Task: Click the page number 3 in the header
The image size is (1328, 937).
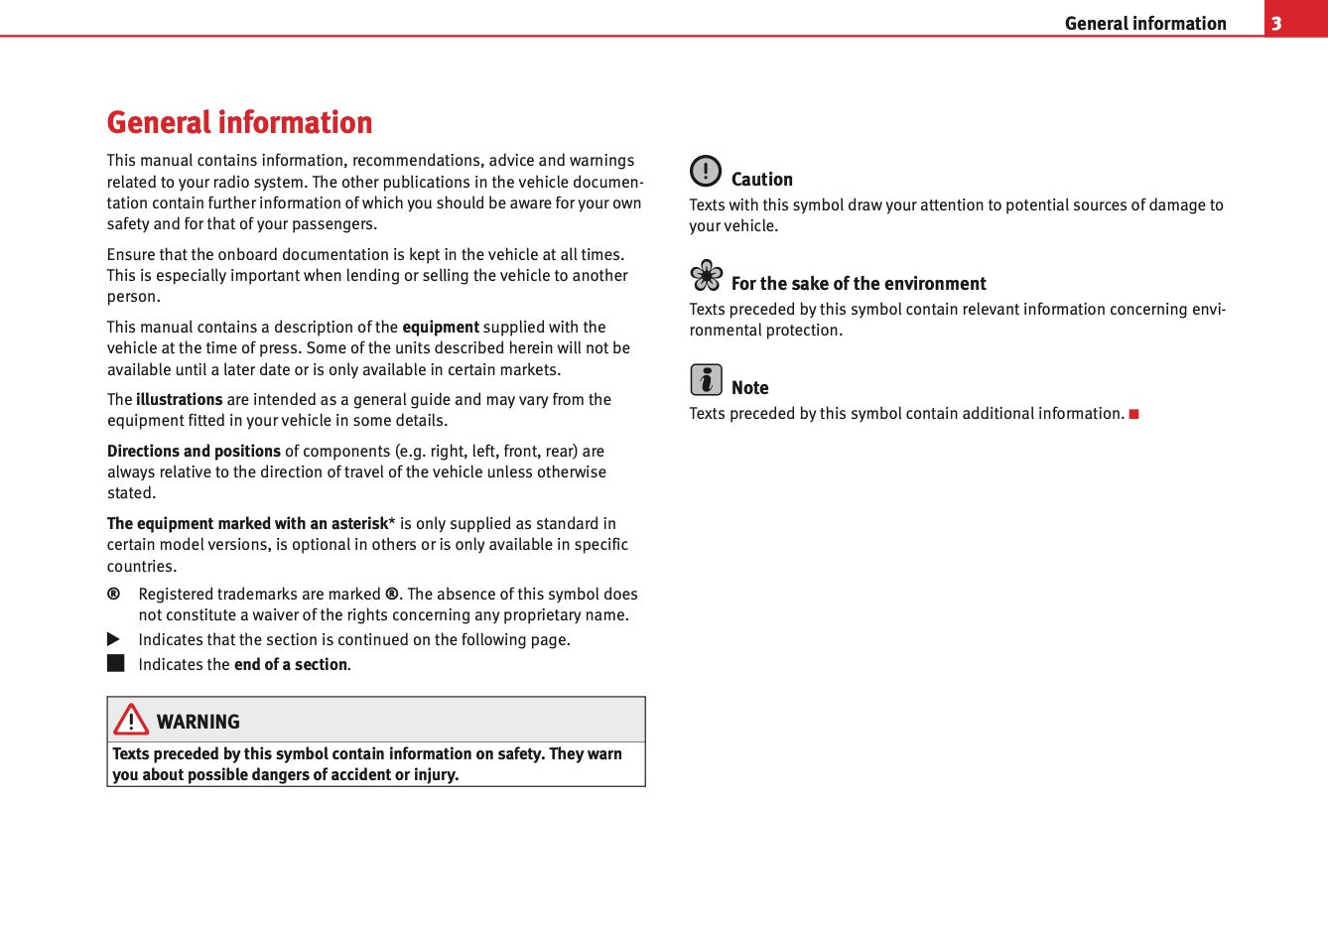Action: point(1276,23)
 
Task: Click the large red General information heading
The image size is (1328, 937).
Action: point(239,122)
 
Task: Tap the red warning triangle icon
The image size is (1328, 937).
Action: point(131,719)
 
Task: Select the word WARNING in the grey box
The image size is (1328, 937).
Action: point(199,722)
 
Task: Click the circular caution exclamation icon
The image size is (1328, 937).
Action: point(706,171)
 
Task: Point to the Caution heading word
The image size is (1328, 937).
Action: point(761,180)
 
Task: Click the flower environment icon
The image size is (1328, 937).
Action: point(707,275)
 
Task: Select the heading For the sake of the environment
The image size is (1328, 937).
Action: point(859,284)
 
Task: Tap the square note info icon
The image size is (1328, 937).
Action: point(706,379)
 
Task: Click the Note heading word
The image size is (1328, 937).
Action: point(749,388)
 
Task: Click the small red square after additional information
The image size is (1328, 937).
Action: point(1133,414)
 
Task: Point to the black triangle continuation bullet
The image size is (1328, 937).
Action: point(114,639)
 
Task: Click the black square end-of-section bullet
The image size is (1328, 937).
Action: point(116,663)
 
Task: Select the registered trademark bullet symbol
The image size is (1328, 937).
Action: point(114,594)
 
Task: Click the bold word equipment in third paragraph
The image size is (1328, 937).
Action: point(440,327)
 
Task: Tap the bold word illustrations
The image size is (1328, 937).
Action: point(179,399)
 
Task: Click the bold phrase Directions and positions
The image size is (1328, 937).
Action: point(194,451)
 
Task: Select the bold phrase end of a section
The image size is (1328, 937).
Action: point(290,664)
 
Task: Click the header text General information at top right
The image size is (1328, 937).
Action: point(1144,23)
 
